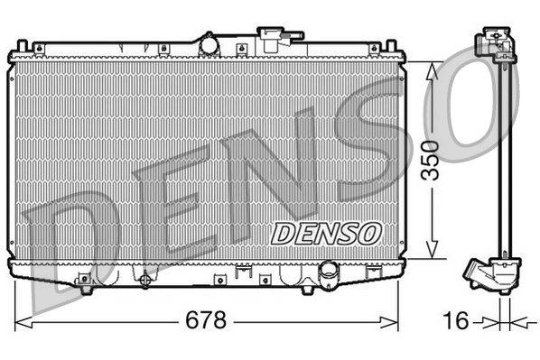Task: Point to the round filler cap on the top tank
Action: [209, 42]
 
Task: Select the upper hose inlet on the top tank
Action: [272, 38]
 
